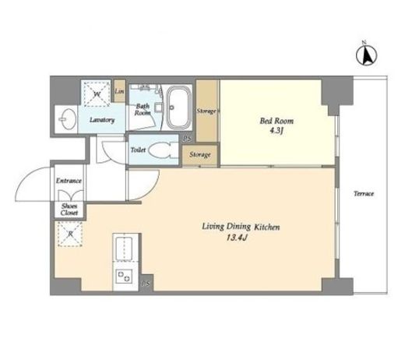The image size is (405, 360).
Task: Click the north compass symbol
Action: tap(366, 55)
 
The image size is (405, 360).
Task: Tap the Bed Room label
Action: tap(276, 121)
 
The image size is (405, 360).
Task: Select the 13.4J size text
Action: tap(236, 238)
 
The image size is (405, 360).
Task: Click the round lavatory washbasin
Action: tap(67, 119)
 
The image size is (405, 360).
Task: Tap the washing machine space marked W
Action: tap(97, 94)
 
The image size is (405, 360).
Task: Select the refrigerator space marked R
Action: tap(70, 234)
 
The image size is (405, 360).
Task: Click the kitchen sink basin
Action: tap(124, 248)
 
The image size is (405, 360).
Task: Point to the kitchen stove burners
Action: tap(124, 277)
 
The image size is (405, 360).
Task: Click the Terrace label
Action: tap(364, 193)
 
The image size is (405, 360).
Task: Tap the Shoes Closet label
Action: tap(69, 210)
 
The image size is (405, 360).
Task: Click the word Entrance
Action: tap(69, 181)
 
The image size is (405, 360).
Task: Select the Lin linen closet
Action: tap(120, 91)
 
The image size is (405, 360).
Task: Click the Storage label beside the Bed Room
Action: tap(206, 111)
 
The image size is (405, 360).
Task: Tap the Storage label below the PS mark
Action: tap(200, 154)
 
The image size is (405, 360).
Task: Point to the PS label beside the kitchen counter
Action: tap(146, 284)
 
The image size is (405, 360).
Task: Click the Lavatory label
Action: tap(102, 120)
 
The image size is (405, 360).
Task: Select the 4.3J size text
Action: tap(276, 130)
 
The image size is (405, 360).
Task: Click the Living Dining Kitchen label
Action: tap(241, 227)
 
